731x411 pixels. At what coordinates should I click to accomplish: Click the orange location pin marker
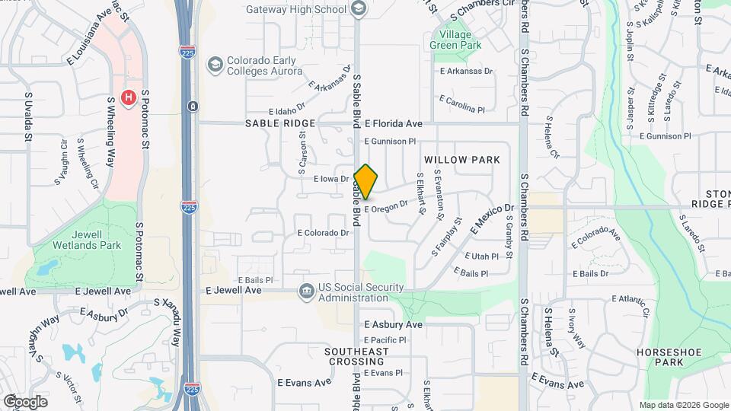tap(366, 182)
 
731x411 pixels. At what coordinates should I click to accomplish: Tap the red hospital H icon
tap(129, 97)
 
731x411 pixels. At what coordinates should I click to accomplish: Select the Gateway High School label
tap(296, 9)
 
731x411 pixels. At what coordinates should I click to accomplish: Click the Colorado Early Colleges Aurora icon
tap(215, 64)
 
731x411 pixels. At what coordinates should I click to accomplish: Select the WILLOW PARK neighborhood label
tap(462, 160)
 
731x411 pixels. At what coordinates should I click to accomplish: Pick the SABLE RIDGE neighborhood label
tap(279, 123)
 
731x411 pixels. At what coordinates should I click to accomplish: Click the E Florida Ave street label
tap(393, 123)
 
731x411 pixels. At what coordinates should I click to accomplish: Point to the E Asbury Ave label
tap(393, 324)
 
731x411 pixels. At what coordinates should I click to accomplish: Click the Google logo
tap(25, 401)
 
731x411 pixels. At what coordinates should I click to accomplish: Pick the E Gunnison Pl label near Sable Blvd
tap(390, 142)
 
